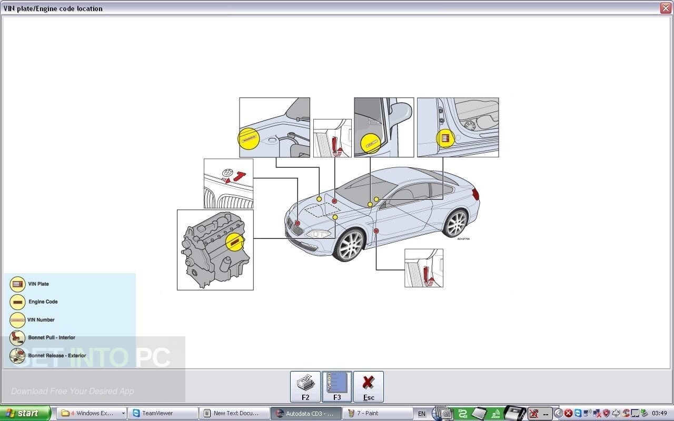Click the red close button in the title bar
(x=665, y=8)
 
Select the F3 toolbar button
(x=337, y=387)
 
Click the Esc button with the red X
(x=369, y=387)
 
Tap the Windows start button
(x=25, y=413)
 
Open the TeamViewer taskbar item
(x=162, y=413)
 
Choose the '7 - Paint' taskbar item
(x=376, y=413)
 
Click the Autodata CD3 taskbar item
(x=305, y=413)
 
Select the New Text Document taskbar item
(x=234, y=413)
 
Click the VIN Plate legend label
(x=38, y=284)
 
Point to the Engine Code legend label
(x=43, y=302)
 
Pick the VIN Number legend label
(x=41, y=320)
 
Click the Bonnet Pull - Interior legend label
(x=52, y=338)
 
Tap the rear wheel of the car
(x=455, y=223)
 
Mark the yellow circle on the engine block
(x=235, y=242)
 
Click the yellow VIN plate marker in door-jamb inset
(x=445, y=138)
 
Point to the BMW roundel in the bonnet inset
(x=227, y=172)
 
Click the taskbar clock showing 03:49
(x=659, y=413)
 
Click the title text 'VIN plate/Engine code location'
(x=53, y=8)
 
